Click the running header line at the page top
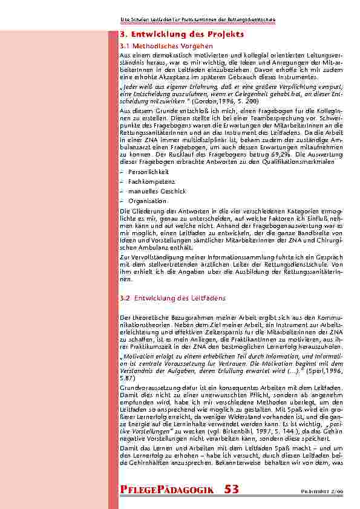[x=198, y=20]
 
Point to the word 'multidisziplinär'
[x=183, y=137]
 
